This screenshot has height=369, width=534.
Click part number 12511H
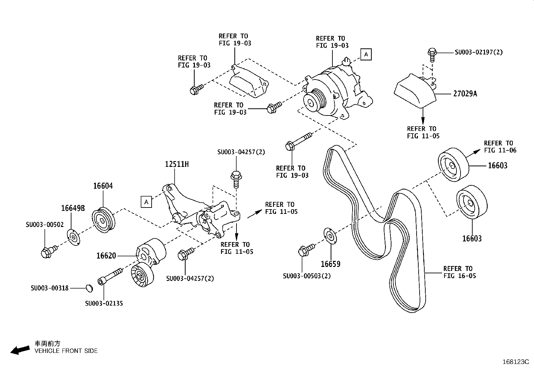point(176,164)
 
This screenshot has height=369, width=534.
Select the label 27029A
point(465,94)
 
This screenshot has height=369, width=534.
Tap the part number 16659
point(330,264)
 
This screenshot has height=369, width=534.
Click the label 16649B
point(73,208)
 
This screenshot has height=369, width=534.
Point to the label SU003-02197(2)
point(479,52)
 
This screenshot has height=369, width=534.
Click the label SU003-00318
point(49,288)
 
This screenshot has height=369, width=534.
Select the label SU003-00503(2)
point(307,276)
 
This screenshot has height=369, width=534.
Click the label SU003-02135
point(104,304)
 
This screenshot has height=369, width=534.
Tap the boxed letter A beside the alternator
point(366,54)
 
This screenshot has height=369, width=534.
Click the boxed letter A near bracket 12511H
point(146,202)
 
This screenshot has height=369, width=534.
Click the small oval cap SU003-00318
point(89,288)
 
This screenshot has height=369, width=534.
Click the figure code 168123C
point(515,362)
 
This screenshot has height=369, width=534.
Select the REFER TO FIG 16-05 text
point(459,272)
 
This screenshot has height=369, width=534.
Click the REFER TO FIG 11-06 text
point(500,147)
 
